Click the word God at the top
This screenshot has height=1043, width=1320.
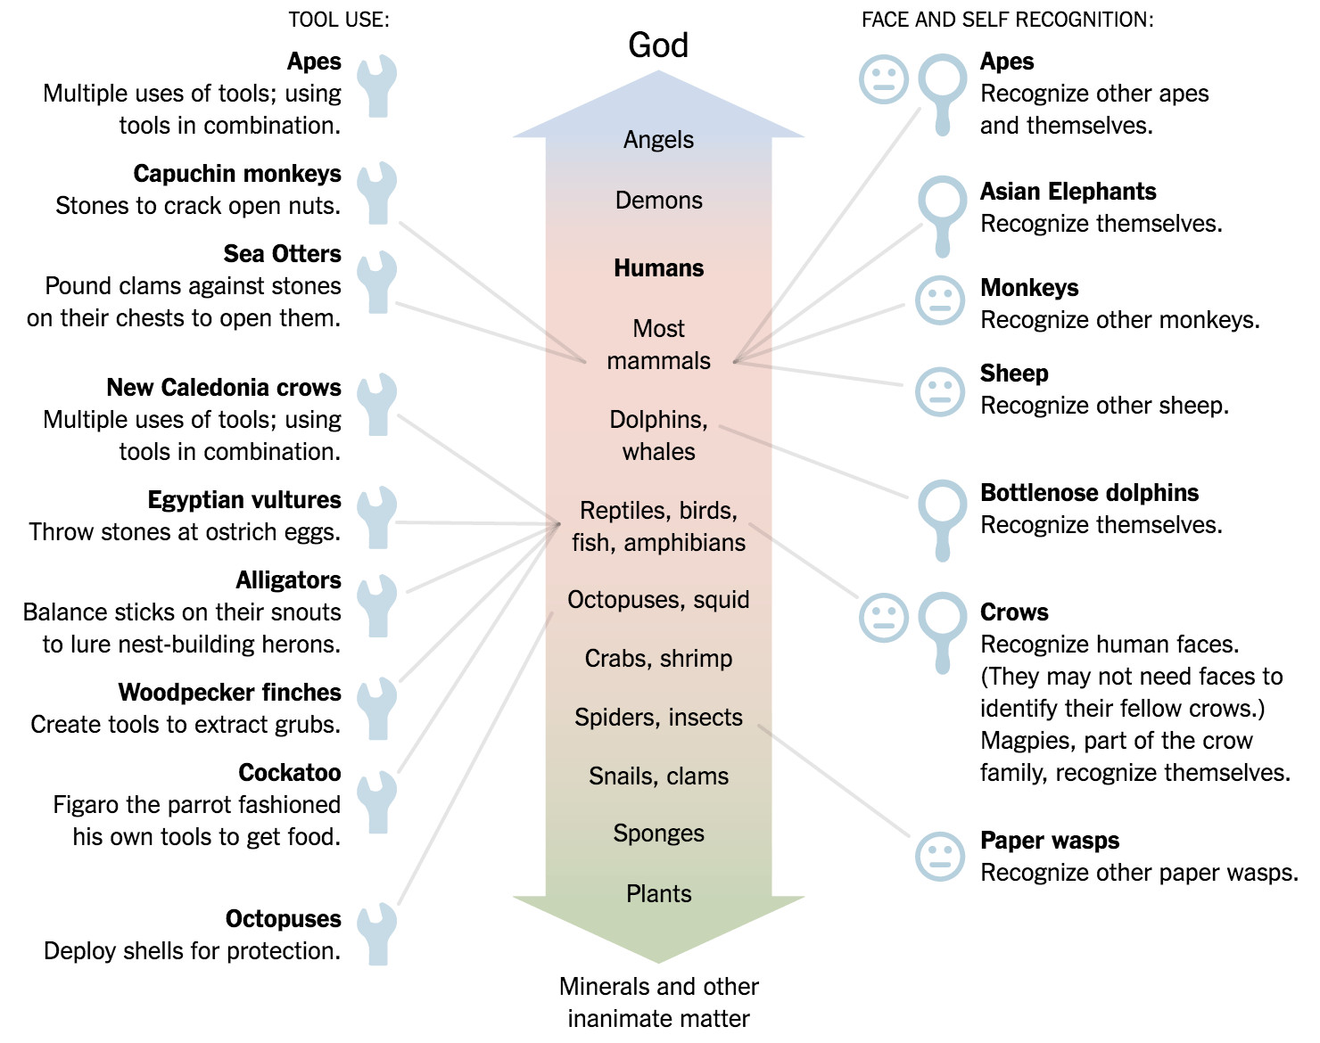click(658, 45)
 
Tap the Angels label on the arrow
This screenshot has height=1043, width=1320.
click(658, 140)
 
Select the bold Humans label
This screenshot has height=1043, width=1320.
click(658, 268)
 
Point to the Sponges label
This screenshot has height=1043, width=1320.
click(658, 834)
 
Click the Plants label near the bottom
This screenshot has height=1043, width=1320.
click(658, 894)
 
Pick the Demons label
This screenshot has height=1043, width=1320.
click(658, 201)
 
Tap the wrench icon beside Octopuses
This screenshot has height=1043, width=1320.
click(377, 933)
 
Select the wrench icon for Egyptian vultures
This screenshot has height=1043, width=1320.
click(377, 517)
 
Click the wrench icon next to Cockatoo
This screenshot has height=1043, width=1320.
click(377, 801)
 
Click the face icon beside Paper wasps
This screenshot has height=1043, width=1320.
click(940, 857)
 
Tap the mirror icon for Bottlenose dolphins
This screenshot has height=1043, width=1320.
click(943, 517)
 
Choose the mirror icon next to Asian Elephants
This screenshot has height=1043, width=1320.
click(943, 213)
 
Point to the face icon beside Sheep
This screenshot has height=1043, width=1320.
click(940, 391)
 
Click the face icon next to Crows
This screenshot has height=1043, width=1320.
click(884, 618)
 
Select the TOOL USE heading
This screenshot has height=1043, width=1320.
click(339, 20)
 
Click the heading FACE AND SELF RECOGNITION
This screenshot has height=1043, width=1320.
click(1007, 20)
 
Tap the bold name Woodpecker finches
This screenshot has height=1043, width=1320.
click(230, 693)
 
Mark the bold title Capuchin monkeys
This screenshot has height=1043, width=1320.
click(237, 174)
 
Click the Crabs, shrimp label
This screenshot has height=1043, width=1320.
click(658, 659)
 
